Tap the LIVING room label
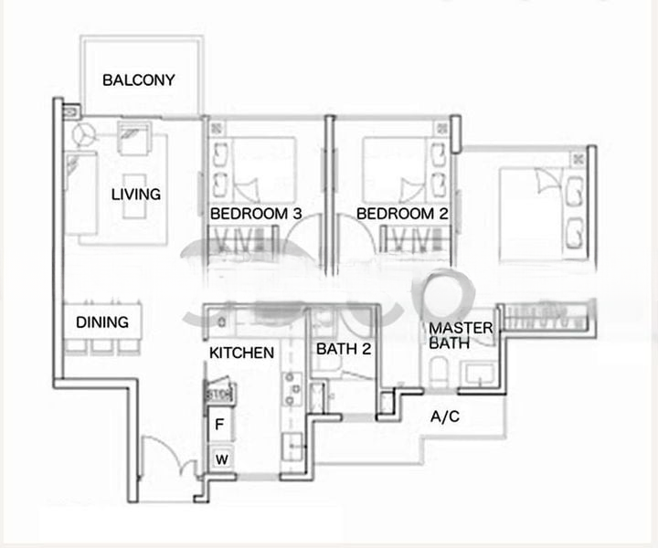pos(136,194)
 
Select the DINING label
pos(102,322)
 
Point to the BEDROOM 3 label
pos(256,214)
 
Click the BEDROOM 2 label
pos(401,214)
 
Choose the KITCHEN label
pos(242,353)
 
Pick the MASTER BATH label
pos(462,336)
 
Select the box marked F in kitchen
pos(219,425)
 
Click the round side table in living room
pos(83,134)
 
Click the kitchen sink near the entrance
pos(294,447)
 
